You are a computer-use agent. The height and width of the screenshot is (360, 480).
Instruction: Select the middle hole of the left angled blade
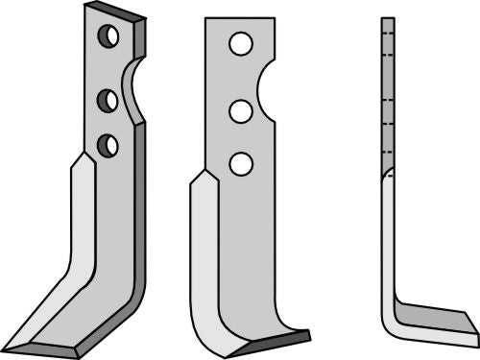pyautogui.click(x=108, y=99)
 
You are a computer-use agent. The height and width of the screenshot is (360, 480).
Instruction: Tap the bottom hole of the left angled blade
pyautogui.click(x=108, y=145)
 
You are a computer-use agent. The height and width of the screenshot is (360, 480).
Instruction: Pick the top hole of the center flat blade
pyautogui.click(x=240, y=43)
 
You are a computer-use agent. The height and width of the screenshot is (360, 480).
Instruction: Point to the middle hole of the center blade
pyautogui.click(x=240, y=110)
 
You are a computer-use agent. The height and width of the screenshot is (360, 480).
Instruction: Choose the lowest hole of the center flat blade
pyautogui.click(x=240, y=163)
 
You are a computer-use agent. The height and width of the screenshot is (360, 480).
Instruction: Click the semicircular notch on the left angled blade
pyautogui.click(x=134, y=91)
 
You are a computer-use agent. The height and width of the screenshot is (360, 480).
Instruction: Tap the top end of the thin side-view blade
pyautogui.click(x=387, y=21)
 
